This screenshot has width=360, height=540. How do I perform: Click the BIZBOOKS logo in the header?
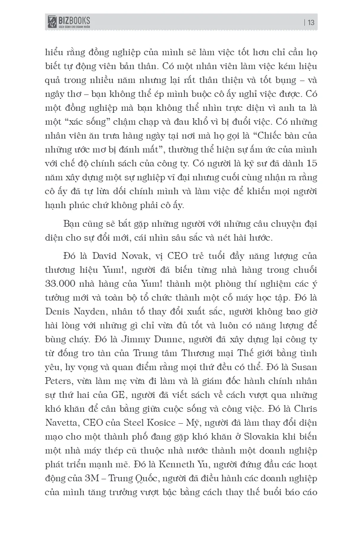click(x=68, y=22)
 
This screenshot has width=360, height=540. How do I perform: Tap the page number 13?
click(x=311, y=23)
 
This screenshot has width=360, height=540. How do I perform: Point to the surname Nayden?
click(x=90, y=312)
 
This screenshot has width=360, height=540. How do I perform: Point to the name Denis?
click(x=59, y=312)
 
